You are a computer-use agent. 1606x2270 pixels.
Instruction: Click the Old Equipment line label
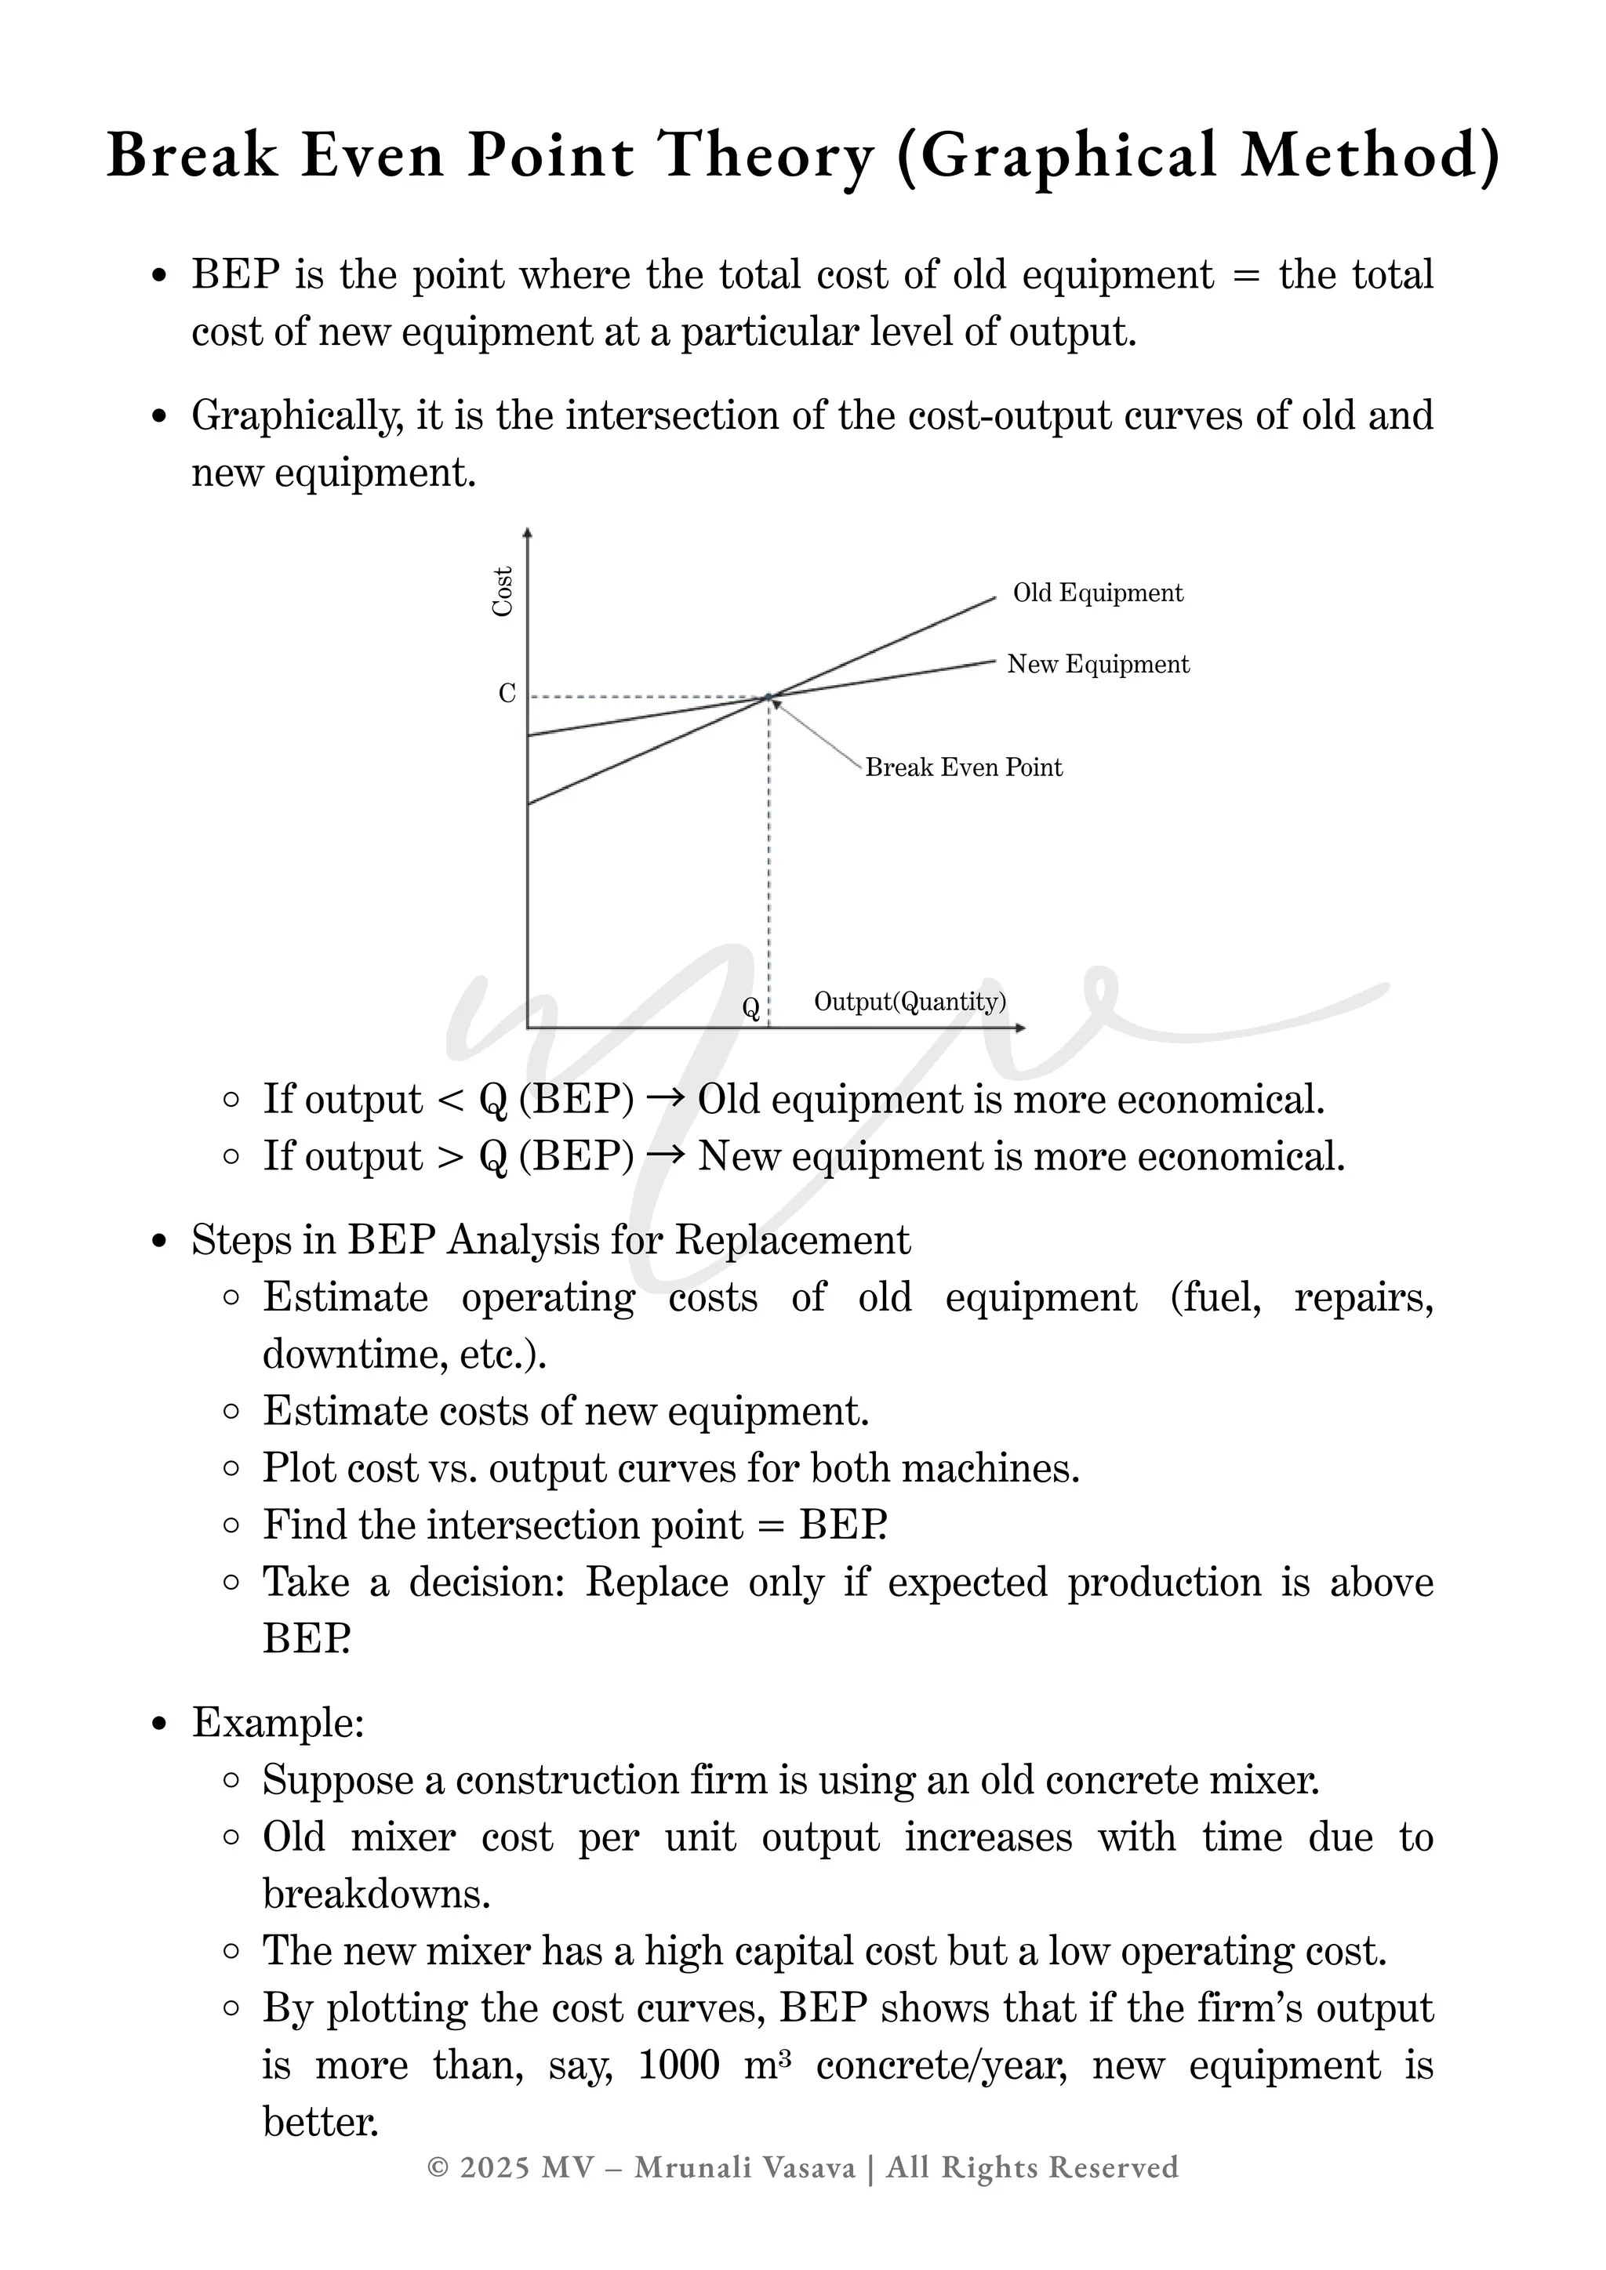1098,593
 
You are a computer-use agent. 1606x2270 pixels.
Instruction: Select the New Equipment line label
1098,665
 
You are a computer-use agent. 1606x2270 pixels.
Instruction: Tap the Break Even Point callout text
963,768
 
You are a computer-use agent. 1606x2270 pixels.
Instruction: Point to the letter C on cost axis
507,694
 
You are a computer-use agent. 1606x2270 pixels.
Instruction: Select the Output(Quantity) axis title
910,1002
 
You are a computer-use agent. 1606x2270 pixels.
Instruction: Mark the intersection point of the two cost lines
768,698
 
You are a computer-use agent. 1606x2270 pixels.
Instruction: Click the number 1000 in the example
678,2065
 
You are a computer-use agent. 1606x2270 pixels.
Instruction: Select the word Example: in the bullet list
278,1723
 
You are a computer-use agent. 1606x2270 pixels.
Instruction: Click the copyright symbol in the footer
438,2167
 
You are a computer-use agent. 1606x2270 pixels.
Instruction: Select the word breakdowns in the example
376,1895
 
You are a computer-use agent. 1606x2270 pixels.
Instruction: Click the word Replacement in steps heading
792,1241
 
